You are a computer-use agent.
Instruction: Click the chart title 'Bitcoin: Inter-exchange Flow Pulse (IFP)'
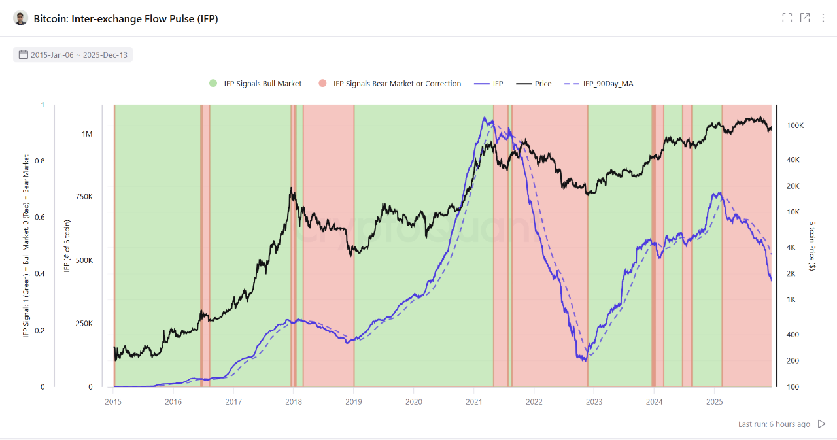126,19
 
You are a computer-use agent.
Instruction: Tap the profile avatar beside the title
21,18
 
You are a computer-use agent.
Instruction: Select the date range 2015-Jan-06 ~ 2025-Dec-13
73,55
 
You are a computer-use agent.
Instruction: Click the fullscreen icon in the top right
787,18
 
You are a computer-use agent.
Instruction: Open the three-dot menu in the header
823,18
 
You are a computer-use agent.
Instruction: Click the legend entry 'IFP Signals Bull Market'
255,84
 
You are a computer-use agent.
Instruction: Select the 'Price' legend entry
534,84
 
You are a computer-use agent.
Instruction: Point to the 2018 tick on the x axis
294,401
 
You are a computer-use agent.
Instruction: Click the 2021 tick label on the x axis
474,401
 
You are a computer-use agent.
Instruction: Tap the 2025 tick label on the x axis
715,401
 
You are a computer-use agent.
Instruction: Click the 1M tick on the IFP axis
87,134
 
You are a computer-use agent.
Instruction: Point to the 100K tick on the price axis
795,126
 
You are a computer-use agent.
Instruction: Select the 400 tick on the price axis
793,335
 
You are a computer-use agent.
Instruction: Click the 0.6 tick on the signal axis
43,218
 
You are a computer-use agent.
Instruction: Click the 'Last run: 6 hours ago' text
774,424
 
